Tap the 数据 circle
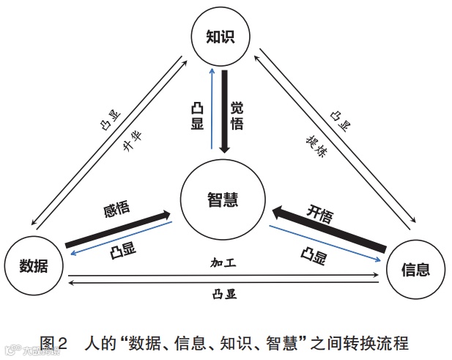click(34, 265)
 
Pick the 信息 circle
click(415, 269)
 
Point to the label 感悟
click(118, 210)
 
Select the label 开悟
click(319, 215)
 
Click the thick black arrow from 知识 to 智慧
click(225, 110)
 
